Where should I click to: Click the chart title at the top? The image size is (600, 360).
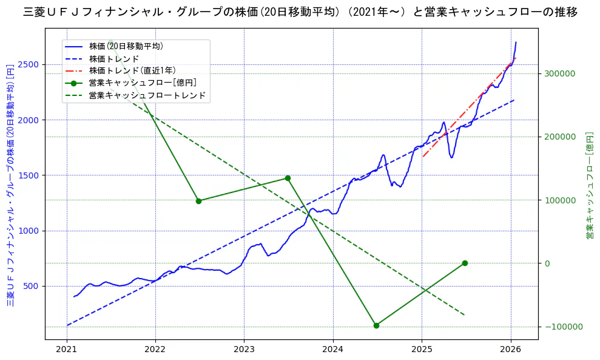(x=300, y=12)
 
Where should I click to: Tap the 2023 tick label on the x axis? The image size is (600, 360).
(x=244, y=350)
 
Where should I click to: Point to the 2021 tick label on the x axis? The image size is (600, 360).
(x=67, y=350)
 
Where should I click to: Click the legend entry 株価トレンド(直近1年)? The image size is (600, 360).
(x=130, y=70)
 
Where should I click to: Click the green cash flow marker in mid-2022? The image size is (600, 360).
(x=198, y=201)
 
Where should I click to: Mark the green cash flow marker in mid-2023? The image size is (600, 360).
(x=288, y=178)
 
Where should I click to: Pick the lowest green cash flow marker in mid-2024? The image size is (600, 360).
(x=376, y=325)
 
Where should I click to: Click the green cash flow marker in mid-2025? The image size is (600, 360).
(x=465, y=263)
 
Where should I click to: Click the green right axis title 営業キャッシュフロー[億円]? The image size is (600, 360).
(x=589, y=185)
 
